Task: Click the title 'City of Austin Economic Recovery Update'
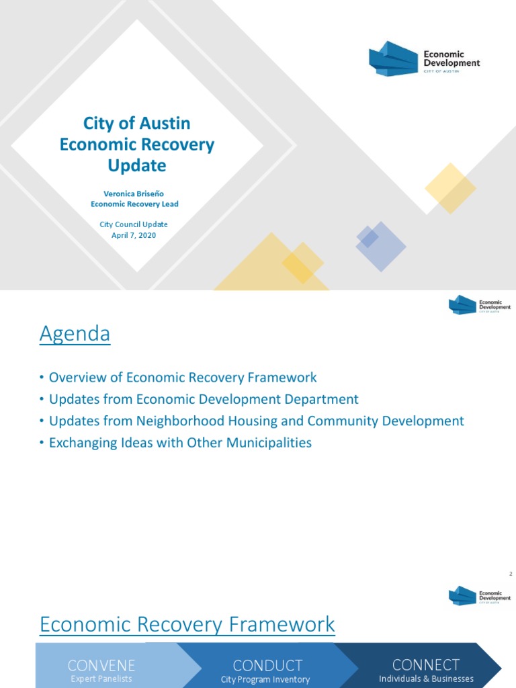(136, 144)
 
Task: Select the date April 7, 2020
(136, 235)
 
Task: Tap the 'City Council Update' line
(136, 224)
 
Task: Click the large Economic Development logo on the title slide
(425, 58)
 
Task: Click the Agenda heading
(75, 333)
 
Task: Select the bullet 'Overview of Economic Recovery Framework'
(182, 378)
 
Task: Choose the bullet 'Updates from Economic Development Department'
(204, 399)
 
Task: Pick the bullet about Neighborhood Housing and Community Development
(256, 421)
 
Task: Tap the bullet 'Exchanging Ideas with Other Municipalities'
(180, 443)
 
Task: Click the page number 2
(511, 574)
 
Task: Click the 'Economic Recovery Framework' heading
(187, 624)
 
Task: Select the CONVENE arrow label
(101, 665)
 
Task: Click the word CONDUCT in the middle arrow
(267, 665)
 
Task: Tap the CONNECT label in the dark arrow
(426, 664)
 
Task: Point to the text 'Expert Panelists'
(101, 679)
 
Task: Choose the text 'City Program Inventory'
(265, 679)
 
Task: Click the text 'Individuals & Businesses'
(426, 679)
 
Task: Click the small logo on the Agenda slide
(479, 304)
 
